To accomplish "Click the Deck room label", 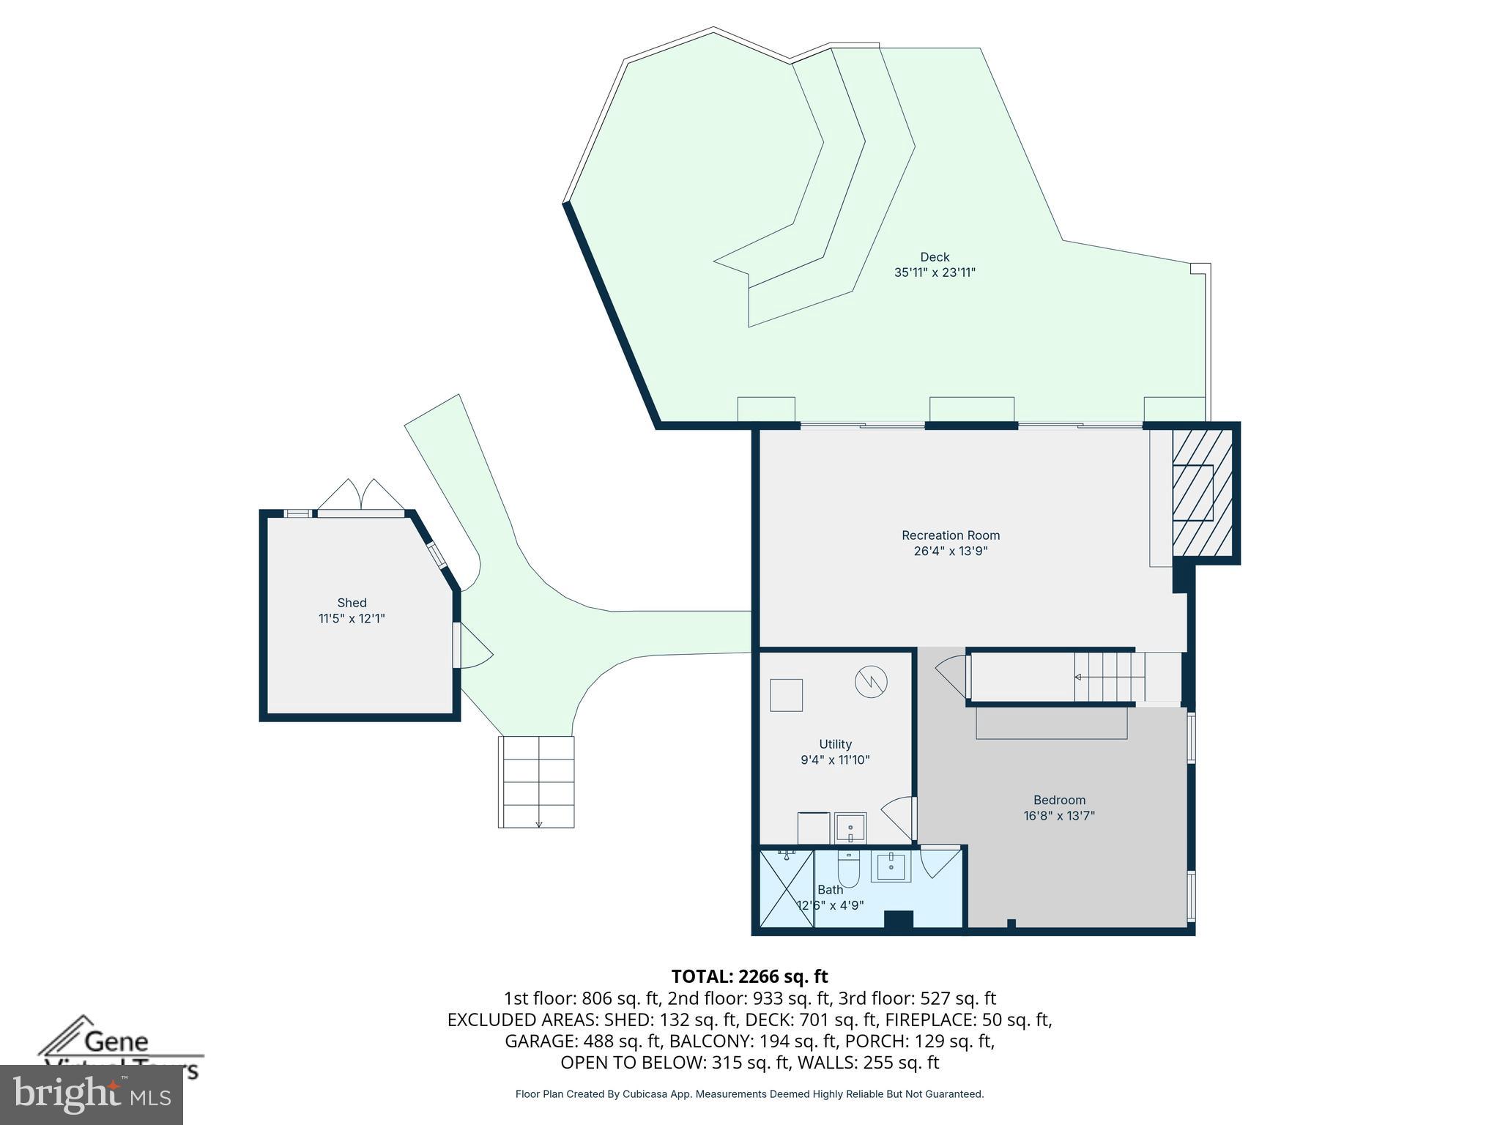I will click(x=935, y=257).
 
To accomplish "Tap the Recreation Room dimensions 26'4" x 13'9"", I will click(x=950, y=552).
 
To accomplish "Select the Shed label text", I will click(x=352, y=603).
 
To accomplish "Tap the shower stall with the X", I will click(x=787, y=887).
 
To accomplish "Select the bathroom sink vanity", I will click(x=891, y=867).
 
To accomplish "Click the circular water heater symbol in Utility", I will click(x=871, y=682).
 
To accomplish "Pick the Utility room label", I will click(x=835, y=744).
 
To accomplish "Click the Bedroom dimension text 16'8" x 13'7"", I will click(x=1059, y=816).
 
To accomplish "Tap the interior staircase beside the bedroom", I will click(x=1109, y=677).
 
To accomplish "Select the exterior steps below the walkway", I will click(x=536, y=781).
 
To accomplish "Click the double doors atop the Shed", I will click(x=360, y=496).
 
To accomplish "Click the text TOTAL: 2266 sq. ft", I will click(x=749, y=976).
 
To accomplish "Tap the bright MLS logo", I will click(x=92, y=1094).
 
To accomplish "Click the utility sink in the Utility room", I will click(x=850, y=828).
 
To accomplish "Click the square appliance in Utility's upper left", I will click(x=786, y=695).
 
